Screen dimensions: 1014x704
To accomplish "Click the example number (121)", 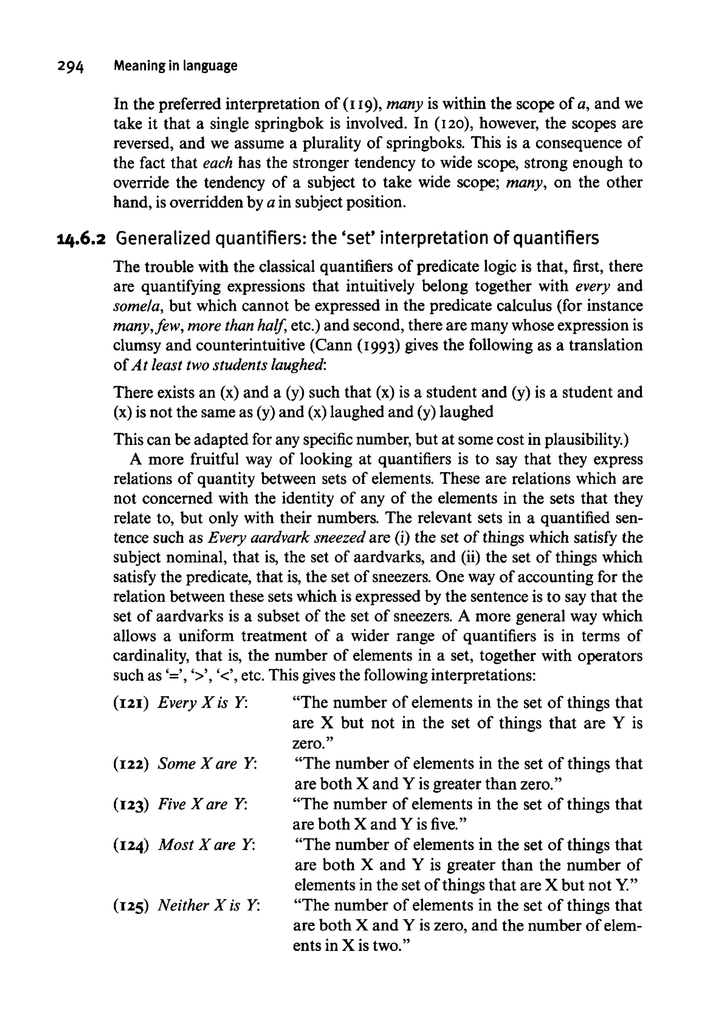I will pyautogui.click(x=130, y=703).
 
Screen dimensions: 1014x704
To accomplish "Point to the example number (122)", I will pyautogui.click(x=130, y=763).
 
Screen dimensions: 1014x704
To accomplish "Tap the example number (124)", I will pyautogui.click(x=130, y=845).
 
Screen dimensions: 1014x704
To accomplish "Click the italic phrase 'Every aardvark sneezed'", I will pyautogui.click(x=287, y=538).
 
